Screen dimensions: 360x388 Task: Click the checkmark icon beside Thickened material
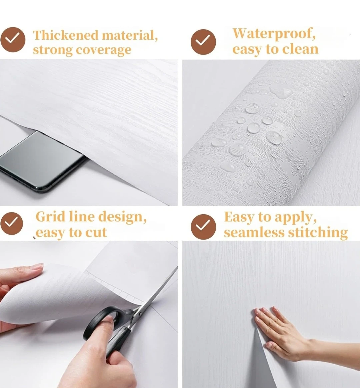(x=13, y=40)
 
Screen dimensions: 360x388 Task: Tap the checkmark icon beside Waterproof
(x=203, y=42)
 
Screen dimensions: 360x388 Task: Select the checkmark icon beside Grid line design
(x=12, y=223)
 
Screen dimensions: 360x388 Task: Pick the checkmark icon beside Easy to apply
(x=203, y=227)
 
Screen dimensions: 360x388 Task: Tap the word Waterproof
(x=274, y=34)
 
